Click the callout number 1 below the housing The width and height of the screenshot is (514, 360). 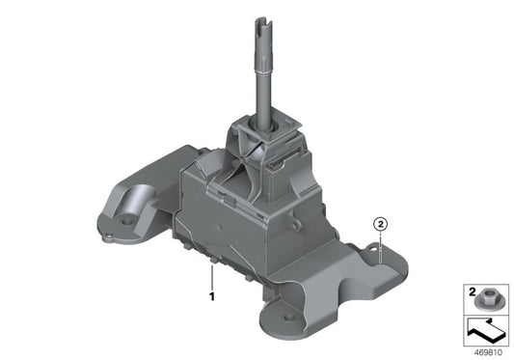pos(209,297)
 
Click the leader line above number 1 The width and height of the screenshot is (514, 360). pos(209,278)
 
